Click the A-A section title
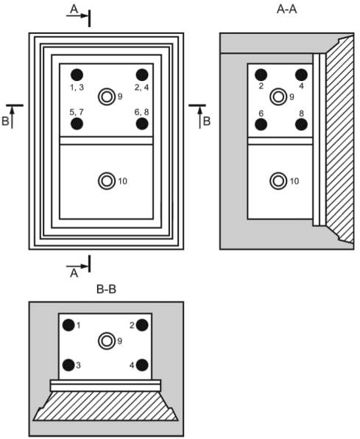tap(286, 10)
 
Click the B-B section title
tap(106, 289)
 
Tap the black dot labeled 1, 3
tap(77, 74)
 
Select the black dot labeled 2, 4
tap(142, 74)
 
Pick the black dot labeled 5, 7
tap(77, 124)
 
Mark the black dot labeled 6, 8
tap(142, 124)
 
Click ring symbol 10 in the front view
tap(107, 181)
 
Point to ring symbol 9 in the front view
tap(107, 96)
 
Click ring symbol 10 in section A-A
tap(278, 181)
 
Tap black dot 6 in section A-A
tap(261, 124)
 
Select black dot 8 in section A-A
tap(302, 124)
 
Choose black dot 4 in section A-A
tap(302, 74)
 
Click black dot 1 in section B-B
tap(68, 325)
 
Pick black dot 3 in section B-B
tap(68, 365)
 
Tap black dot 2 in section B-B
tap(142, 325)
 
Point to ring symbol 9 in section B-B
tap(107, 341)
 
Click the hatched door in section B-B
tap(105, 406)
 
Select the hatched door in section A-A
tap(339, 140)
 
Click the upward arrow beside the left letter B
tap(12, 117)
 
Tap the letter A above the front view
tap(74, 10)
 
